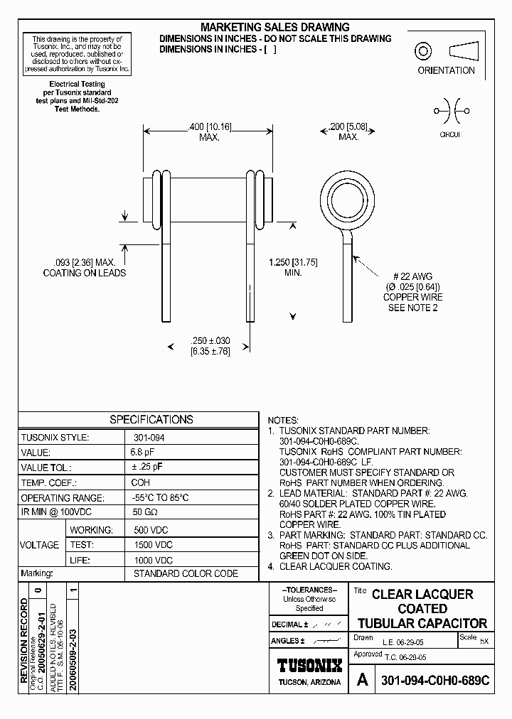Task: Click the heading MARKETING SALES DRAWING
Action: click(275, 27)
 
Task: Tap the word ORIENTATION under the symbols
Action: click(446, 70)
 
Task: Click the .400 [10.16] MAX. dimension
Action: click(209, 131)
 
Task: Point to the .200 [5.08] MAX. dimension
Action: click(348, 131)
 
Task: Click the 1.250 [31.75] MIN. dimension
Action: click(293, 267)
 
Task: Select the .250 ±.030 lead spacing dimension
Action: click(210, 346)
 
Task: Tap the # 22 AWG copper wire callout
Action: click(413, 292)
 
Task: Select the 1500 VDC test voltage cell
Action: click(154, 544)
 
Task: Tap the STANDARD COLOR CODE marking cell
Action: click(181, 573)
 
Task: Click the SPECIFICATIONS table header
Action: click(151, 419)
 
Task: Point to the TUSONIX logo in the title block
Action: click(309, 665)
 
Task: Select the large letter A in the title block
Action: click(362, 680)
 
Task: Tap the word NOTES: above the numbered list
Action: click(283, 421)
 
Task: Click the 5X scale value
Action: click(484, 641)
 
